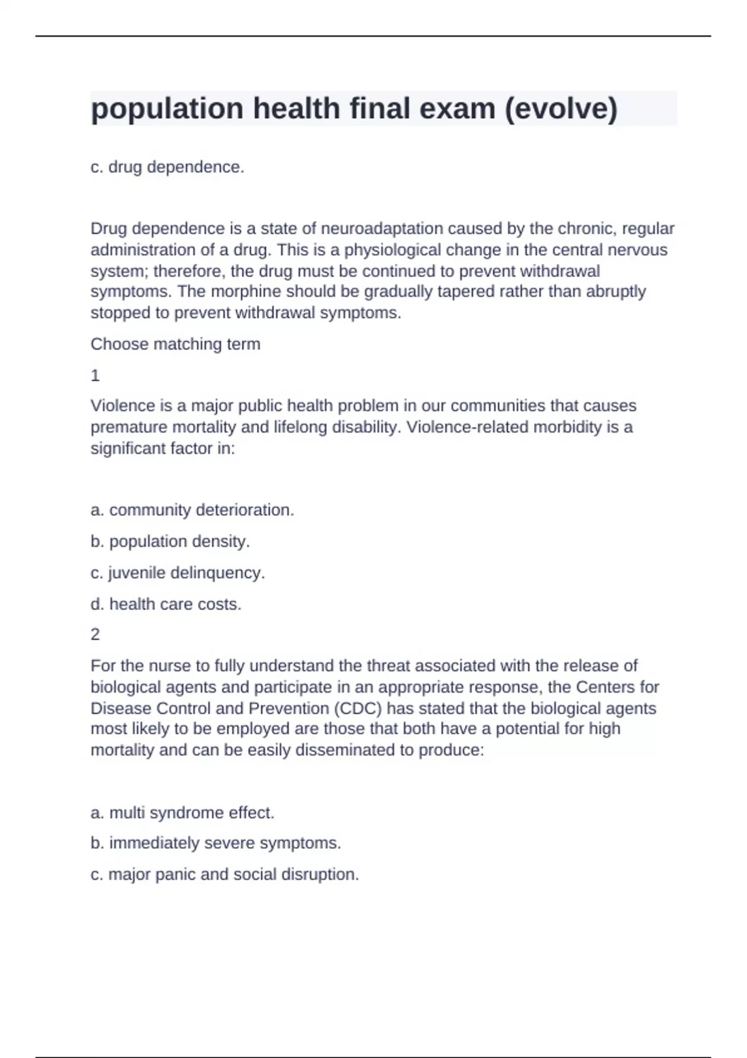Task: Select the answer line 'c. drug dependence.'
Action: coord(167,167)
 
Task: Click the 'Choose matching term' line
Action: coord(176,344)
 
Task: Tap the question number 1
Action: coord(95,375)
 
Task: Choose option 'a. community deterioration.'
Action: coord(192,510)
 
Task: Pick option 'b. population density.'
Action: coord(170,541)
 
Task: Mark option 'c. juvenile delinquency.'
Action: coord(178,573)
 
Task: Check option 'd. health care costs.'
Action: coord(166,604)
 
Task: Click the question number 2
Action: coord(95,635)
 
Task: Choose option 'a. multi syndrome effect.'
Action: coord(182,813)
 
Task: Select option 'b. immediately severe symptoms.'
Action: coord(216,843)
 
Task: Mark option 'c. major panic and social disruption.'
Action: coord(225,874)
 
